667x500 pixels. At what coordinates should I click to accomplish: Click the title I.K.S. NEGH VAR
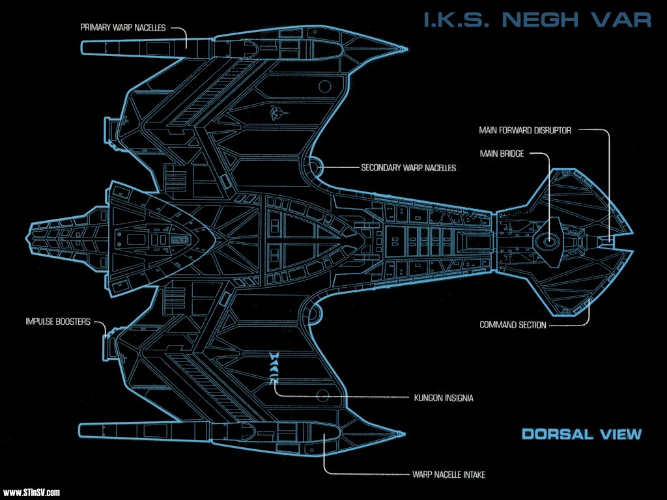tap(537, 20)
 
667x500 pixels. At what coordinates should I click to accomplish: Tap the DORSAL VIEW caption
tap(582, 434)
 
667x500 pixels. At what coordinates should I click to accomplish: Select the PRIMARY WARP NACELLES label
tap(123, 27)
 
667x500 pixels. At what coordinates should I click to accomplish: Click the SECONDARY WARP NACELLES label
tap(408, 168)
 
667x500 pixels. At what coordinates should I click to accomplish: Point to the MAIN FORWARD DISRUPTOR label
tap(525, 130)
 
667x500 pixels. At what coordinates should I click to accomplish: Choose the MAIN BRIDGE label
tap(502, 154)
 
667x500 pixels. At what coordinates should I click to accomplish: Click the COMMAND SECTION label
tap(513, 325)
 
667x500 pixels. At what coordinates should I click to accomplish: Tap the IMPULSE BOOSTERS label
tap(58, 322)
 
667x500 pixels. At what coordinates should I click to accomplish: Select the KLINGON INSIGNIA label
tap(444, 398)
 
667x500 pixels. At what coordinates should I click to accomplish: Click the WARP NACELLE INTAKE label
tap(449, 475)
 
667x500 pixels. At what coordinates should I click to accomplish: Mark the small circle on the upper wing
tap(325, 87)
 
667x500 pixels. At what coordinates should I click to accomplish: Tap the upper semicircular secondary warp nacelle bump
tap(317, 167)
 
